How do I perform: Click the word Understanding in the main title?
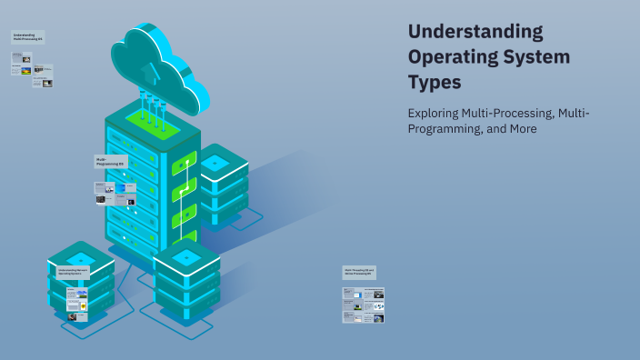(x=475, y=32)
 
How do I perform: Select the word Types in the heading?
(x=435, y=82)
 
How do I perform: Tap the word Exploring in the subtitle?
(x=433, y=113)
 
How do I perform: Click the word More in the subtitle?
(x=523, y=129)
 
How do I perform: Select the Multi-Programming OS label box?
(x=110, y=161)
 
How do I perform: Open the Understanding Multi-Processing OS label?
(x=28, y=37)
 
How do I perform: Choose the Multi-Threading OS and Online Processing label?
(x=359, y=272)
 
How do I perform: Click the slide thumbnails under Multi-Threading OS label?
(x=364, y=305)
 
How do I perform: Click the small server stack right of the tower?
(x=224, y=184)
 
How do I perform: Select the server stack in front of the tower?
(x=186, y=280)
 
